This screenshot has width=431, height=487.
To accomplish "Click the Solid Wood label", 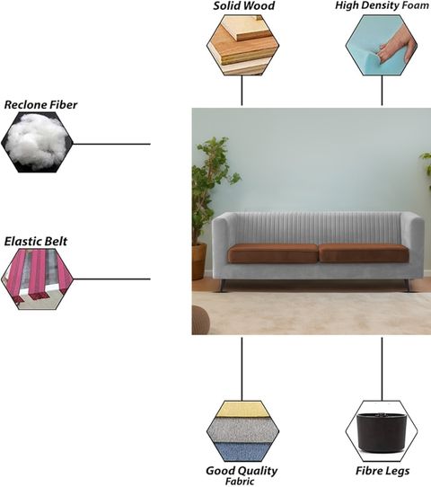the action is click(244, 6).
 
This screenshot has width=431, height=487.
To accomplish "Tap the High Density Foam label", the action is click(382, 5).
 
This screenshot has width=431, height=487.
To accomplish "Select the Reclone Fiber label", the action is click(40, 105).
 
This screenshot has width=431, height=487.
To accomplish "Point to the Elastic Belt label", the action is click(36, 242).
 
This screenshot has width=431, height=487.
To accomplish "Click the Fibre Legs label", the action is click(383, 471).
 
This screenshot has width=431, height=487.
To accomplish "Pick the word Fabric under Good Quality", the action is click(240, 482).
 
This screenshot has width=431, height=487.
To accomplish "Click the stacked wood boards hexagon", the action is click(243, 45).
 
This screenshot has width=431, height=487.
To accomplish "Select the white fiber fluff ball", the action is click(37, 142).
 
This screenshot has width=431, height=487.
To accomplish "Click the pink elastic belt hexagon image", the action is click(37, 279).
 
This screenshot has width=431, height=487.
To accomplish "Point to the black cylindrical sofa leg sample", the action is click(382, 432).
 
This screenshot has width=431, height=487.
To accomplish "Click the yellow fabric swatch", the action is click(242, 410).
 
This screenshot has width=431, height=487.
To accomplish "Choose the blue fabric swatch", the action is click(242, 452).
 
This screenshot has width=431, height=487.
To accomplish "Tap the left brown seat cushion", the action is click(273, 253).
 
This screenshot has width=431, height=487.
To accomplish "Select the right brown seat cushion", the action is click(364, 253).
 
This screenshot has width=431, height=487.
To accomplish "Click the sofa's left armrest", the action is click(220, 245).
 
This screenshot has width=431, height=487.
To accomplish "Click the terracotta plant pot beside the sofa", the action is click(199, 261).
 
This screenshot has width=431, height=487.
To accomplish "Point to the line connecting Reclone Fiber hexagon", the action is click(111, 144).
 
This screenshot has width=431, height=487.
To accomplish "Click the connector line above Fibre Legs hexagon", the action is click(382, 369).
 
